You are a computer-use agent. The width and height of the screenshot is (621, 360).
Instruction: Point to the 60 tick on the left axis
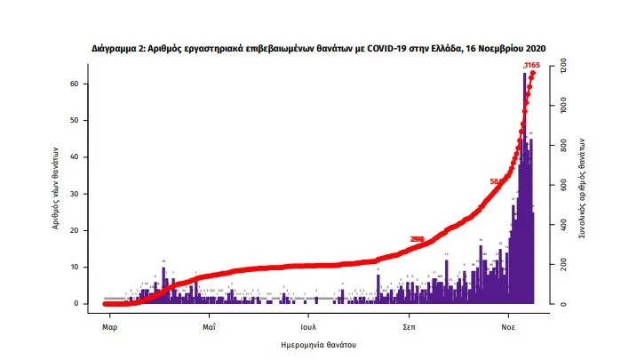(x=85, y=84)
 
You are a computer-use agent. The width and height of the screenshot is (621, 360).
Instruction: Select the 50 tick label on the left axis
(x=85, y=120)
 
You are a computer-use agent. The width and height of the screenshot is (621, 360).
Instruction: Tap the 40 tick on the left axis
(x=85, y=156)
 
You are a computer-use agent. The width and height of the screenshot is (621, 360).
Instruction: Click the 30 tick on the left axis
(x=85, y=194)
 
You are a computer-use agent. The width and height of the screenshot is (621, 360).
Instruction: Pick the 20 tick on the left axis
(x=85, y=230)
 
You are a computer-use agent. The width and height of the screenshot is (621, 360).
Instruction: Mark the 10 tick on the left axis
(x=85, y=267)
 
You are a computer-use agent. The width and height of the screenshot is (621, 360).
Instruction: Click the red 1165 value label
(x=533, y=65)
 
